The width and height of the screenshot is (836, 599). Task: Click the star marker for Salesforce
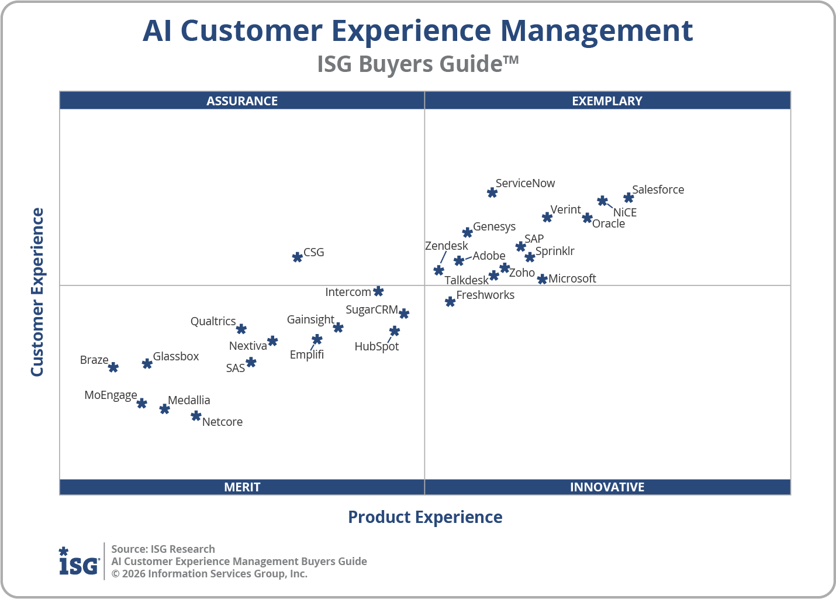coord(628,198)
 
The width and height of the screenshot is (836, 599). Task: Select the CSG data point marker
coord(297,257)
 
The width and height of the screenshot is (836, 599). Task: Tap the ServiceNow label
coord(525,183)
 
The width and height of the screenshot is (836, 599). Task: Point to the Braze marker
coord(113,367)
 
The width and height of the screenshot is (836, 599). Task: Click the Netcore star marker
coord(196,416)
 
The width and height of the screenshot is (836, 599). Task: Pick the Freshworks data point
coord(450,302)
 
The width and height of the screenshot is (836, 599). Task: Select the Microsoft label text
coord(572,278)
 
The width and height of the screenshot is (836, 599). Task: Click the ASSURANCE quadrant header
coord(242,101)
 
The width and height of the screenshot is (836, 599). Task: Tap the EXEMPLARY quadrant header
coord(607,101)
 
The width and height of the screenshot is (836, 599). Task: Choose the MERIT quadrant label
coord(242,487)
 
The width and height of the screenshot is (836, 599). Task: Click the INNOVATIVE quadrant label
coord(607,487)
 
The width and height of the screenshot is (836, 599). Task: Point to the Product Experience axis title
coord(425,517)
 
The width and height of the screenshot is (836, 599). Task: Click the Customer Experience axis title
coord(37,292)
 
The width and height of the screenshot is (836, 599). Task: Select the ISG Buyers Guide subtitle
coord(417,64)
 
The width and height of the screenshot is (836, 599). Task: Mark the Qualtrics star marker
coord(241,329)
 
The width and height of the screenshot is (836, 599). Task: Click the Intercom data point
coord(378,291)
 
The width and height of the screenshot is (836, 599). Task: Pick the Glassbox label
coord(175,356)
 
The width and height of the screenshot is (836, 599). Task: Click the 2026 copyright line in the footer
coord(209,574)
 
